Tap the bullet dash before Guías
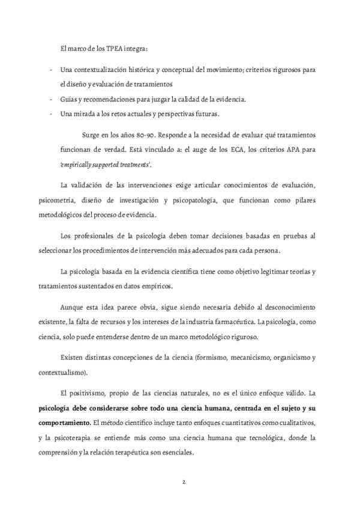tap(50, 99)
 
